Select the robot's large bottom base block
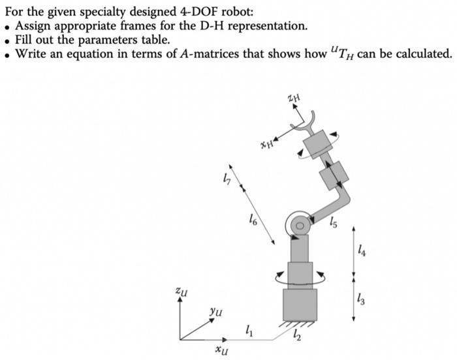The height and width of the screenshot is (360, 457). coord(300,305)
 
